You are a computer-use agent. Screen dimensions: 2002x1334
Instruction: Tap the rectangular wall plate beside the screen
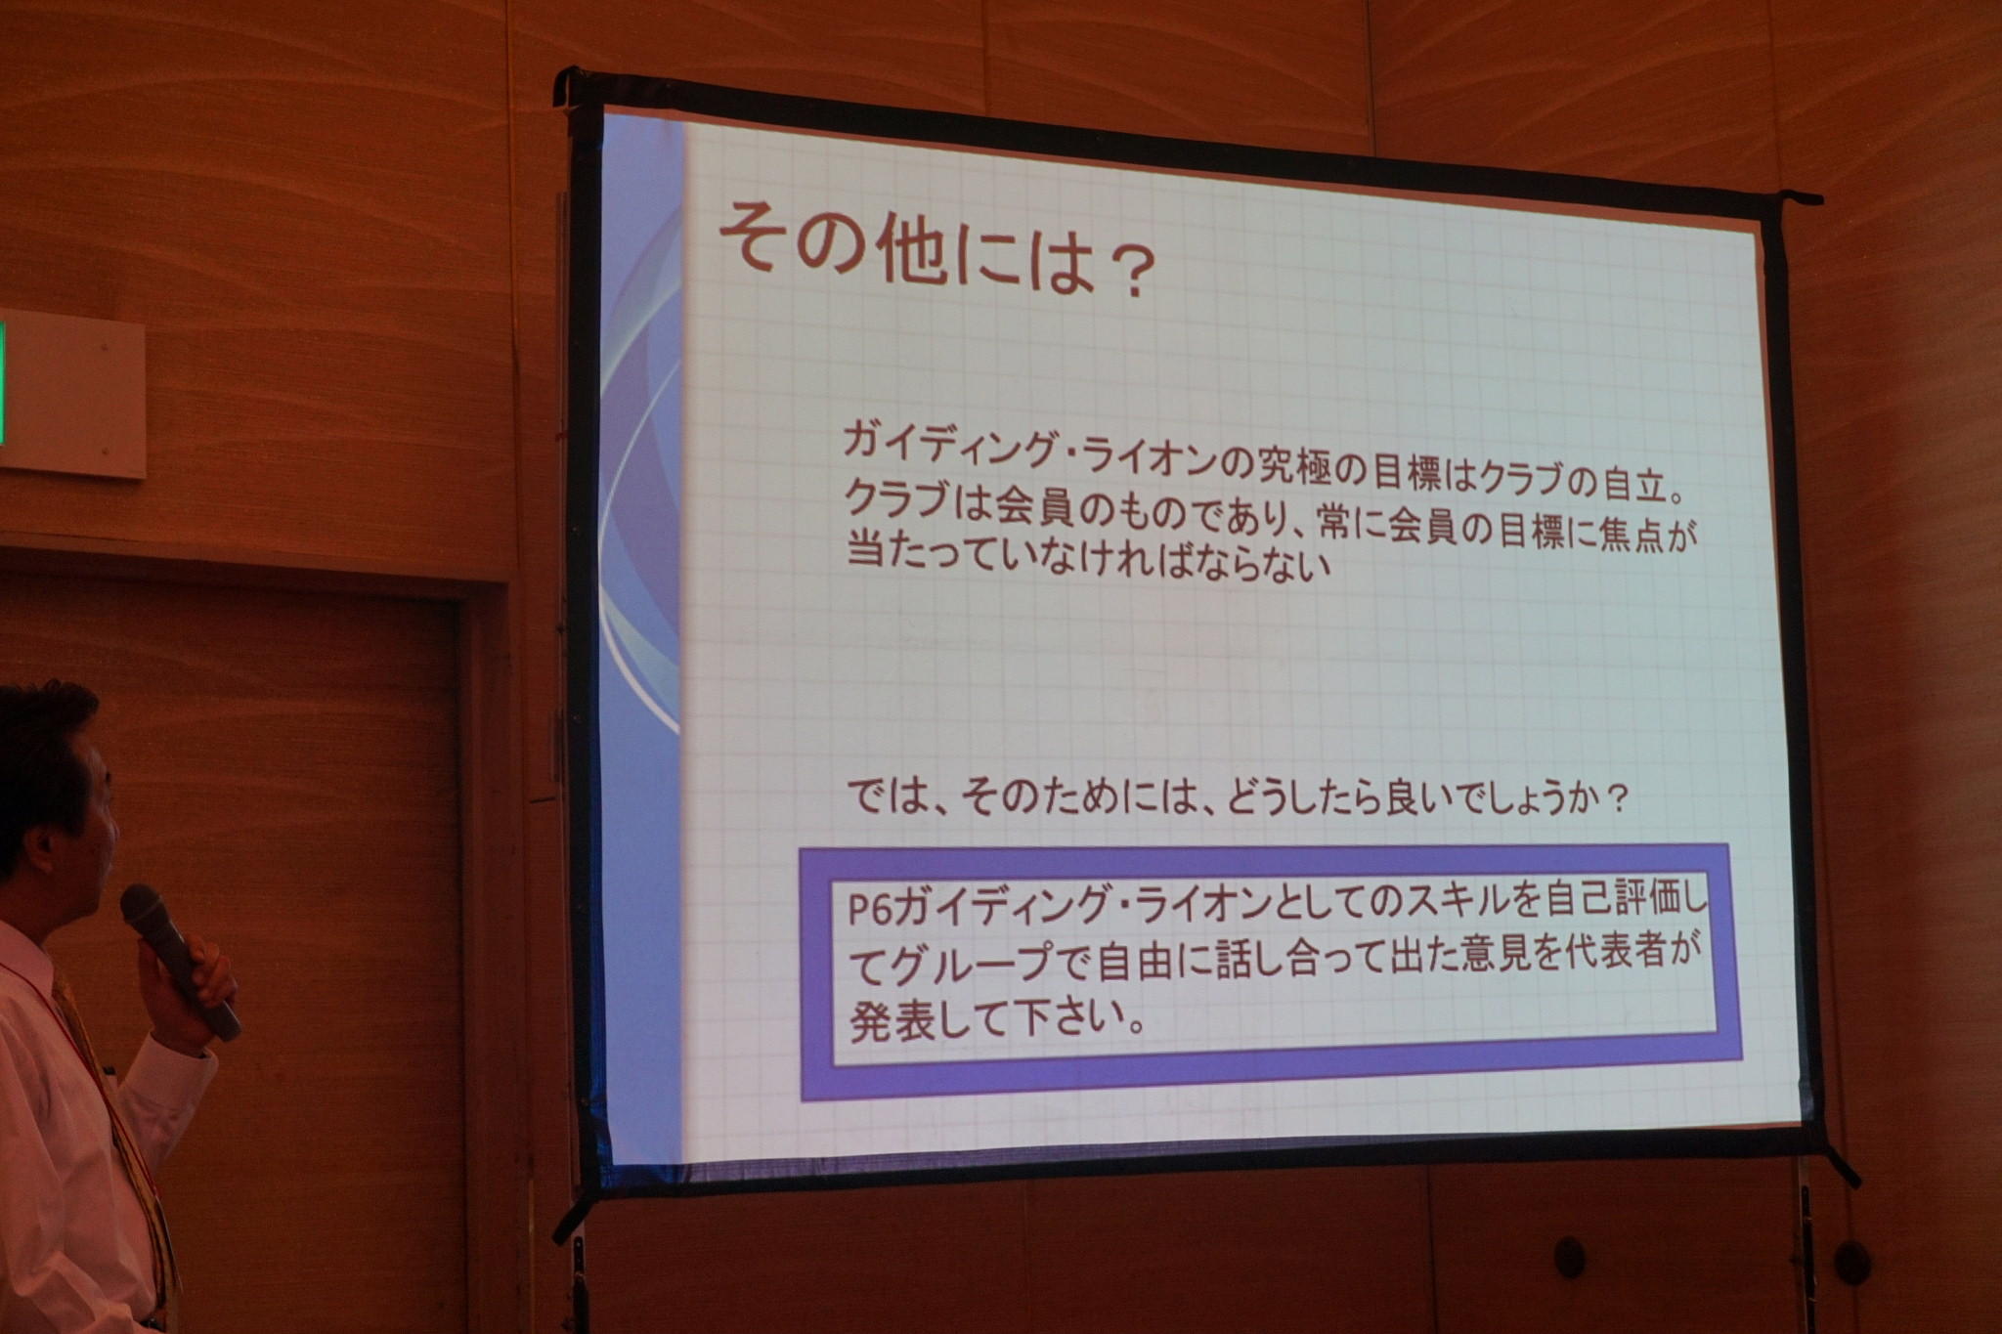tap(70, 393)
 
